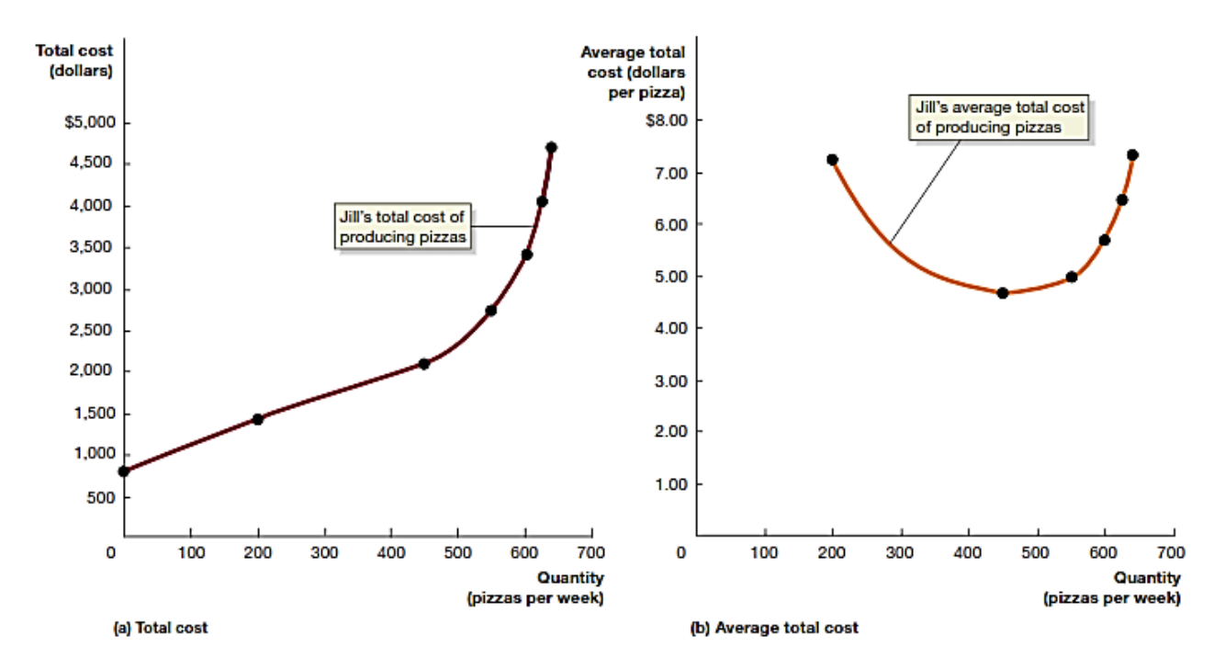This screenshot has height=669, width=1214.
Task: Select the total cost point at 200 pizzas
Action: pos(258,419)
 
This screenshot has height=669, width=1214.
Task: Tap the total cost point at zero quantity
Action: pos(124,471)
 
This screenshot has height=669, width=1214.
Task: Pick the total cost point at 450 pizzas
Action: pos(424,364)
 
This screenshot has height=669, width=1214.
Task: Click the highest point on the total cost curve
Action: pos(551,147)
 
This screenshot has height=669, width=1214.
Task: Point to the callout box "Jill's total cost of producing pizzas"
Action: pos(404,227)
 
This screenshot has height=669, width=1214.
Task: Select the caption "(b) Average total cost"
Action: pos(774,629)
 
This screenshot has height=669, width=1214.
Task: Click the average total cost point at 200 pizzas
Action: pos(832,159)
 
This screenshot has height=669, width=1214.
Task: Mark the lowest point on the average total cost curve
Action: pos(1003,293)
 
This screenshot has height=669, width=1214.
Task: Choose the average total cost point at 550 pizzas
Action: pos(1071,277)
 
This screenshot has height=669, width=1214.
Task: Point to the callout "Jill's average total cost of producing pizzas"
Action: pos(999,118)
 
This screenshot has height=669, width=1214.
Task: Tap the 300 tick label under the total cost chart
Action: pos(325,552)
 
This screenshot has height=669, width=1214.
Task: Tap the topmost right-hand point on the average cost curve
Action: pos(1132,154)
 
